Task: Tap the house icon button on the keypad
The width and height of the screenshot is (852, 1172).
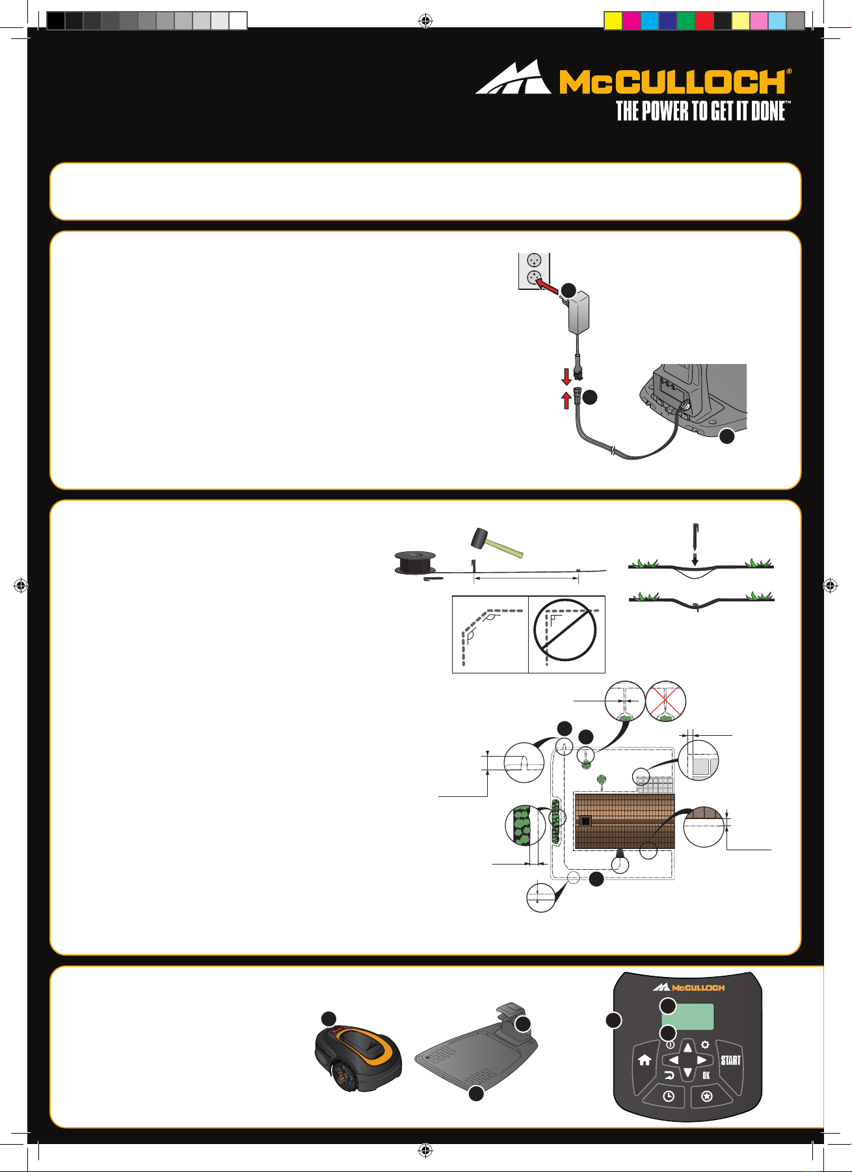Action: pyautogui.click(x=645, y=1060)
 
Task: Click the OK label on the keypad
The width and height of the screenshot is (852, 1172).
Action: pyautogui.click(x=706, y=1076)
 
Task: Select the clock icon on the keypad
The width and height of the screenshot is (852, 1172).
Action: pyautogui.click(x=669, y=1097)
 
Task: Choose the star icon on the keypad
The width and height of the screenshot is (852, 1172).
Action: pyautogui.click(x=707, y=1097)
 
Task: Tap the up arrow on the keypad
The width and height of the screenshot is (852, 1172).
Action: pyautogui.click(x=687, y=1048)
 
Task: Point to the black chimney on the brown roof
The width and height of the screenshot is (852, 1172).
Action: pyautogui.click(x=586, y=822)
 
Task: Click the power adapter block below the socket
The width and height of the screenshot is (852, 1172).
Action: pyautogui.click(x=583, y=313)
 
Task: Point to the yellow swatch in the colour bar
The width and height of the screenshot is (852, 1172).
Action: pyautogui.click(x=613, y=21)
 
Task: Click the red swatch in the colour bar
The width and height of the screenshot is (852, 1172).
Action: pyautogui.click(x=704, y=21)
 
